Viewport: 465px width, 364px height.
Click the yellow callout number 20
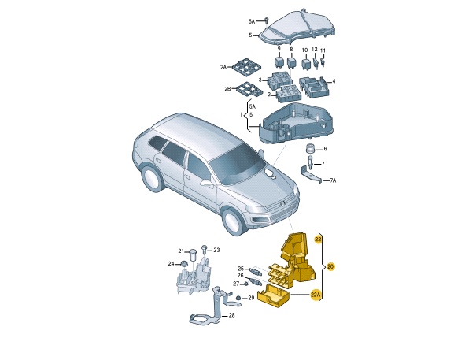tap(330, 266)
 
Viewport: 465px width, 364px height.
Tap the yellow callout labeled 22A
tap(316, 296)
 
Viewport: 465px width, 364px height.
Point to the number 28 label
tap(231, 316)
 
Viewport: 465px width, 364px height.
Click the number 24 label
tap(171, 263)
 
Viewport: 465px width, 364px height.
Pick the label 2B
tap(228, 90)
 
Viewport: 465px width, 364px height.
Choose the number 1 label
tap(242, 115)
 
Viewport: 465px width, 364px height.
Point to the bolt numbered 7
tap(311, 164)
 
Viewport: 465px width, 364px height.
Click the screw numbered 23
tap(204, 250)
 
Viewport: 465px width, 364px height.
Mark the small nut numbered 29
tap(241, 298)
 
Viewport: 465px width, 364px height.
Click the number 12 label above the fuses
tap(315, 50)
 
